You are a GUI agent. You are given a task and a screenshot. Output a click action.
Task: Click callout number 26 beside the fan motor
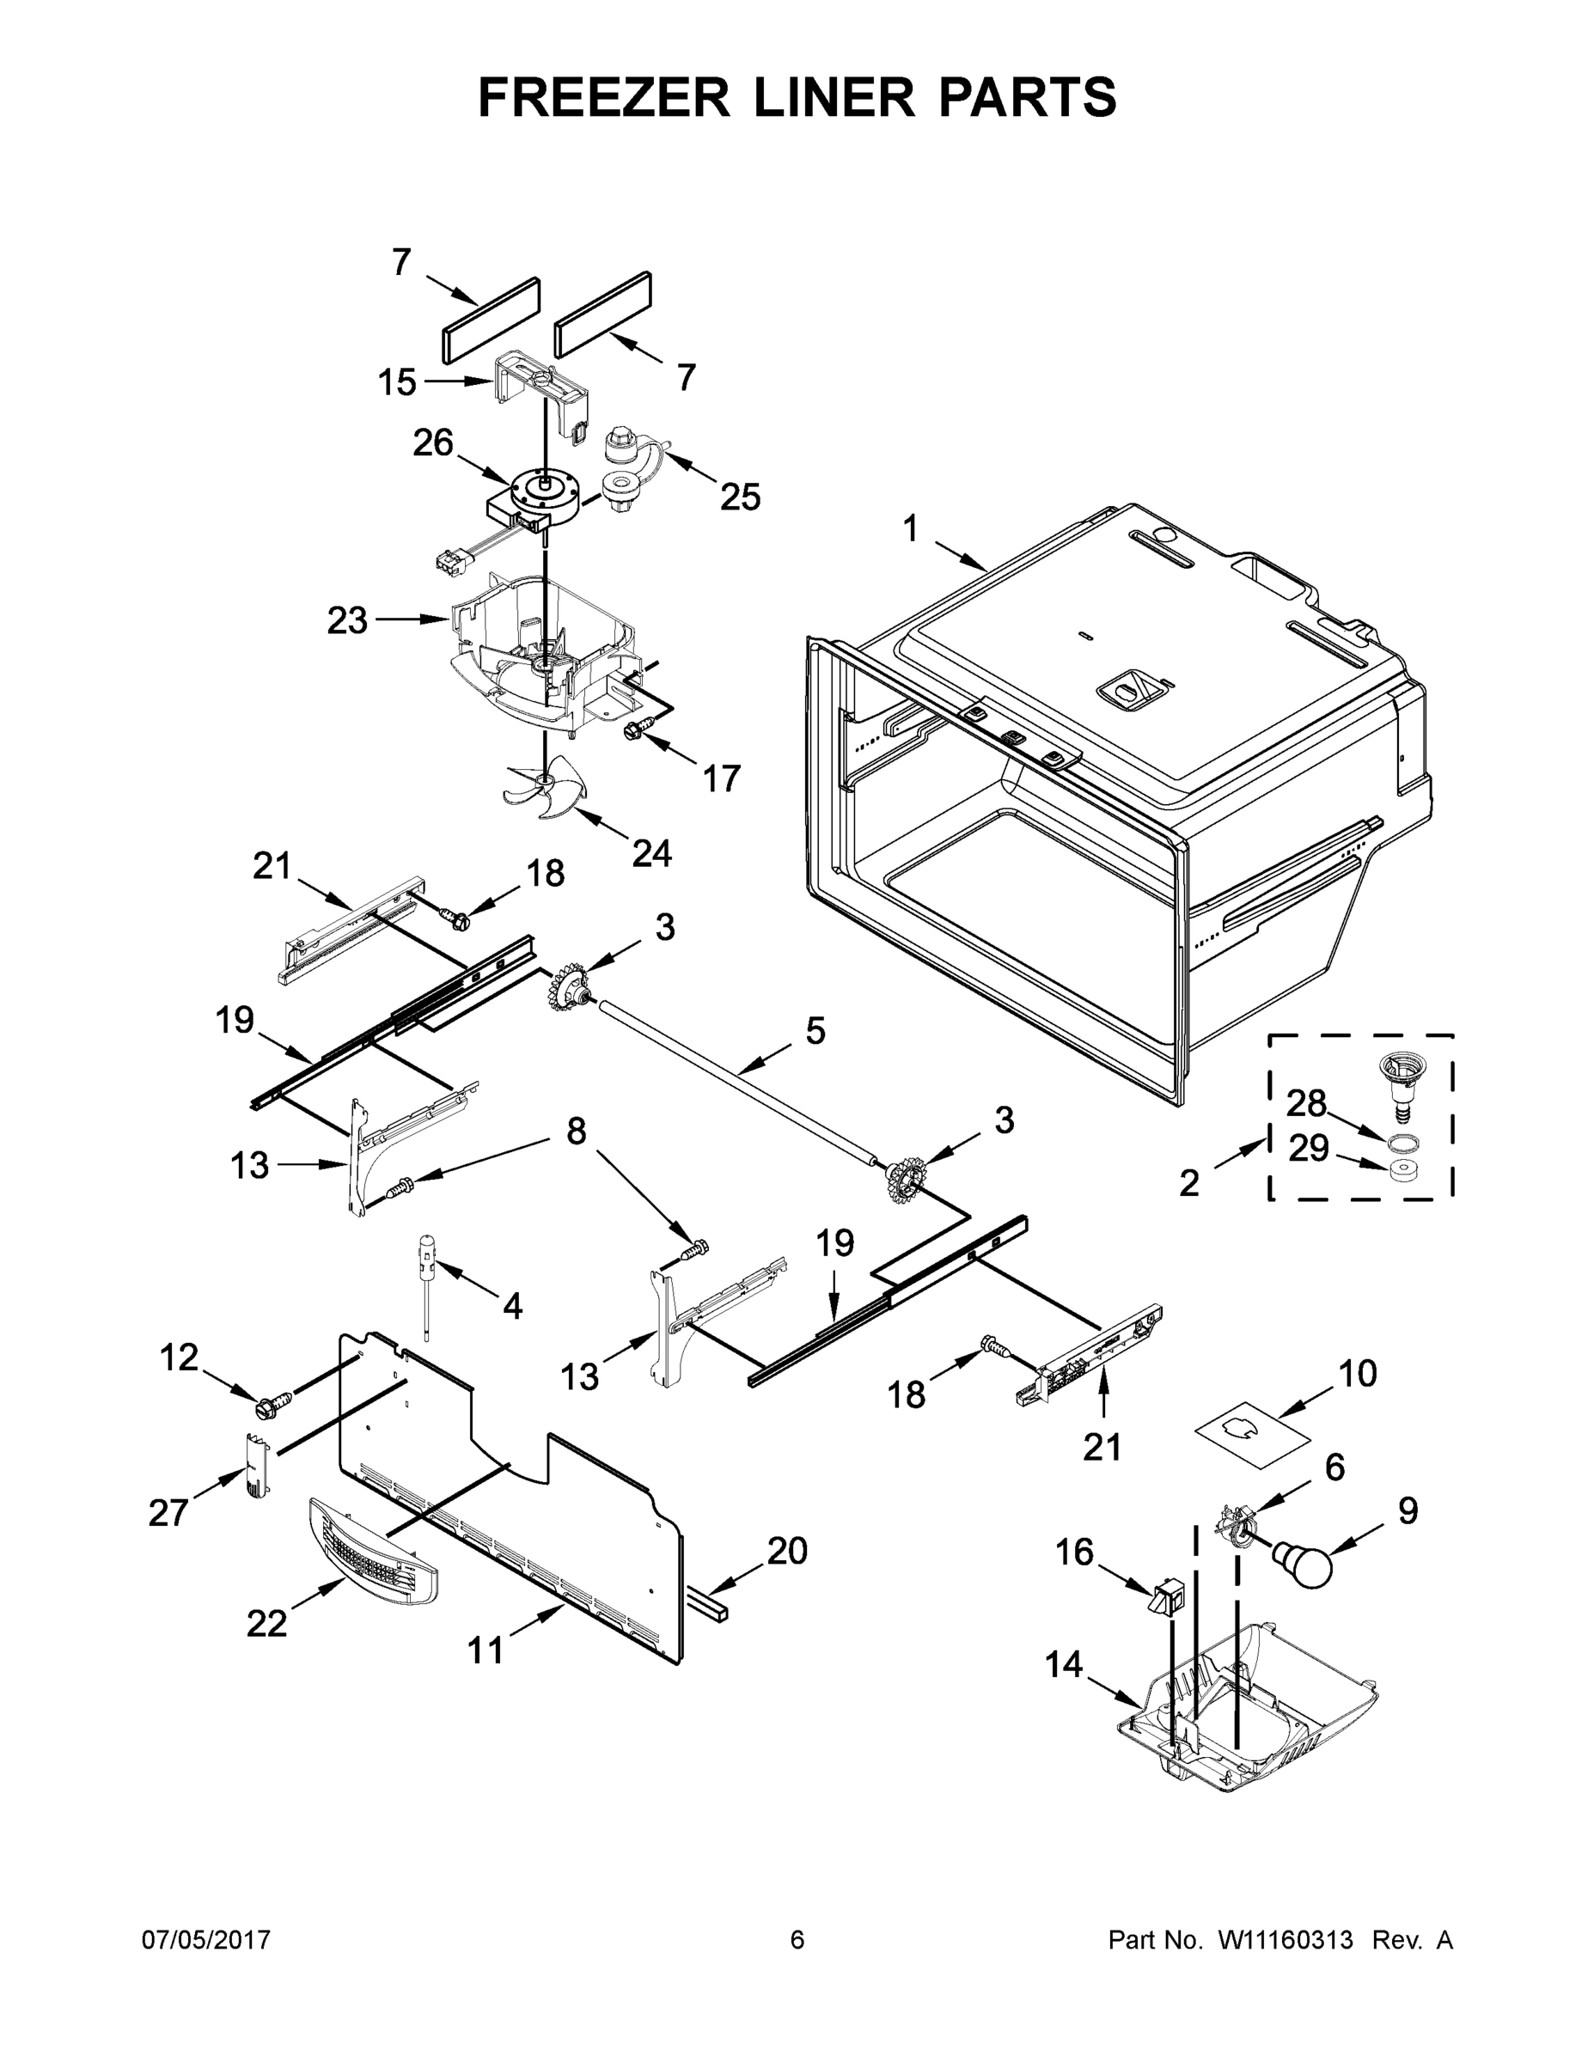(x=433, y=442)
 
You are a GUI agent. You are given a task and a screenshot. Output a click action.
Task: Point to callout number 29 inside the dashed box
(x=1309, y=1149)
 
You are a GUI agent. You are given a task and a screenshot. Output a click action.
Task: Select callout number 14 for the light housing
(x=1063, y=1664)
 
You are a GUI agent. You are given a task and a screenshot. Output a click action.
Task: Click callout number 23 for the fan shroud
(x=347, y=621)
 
